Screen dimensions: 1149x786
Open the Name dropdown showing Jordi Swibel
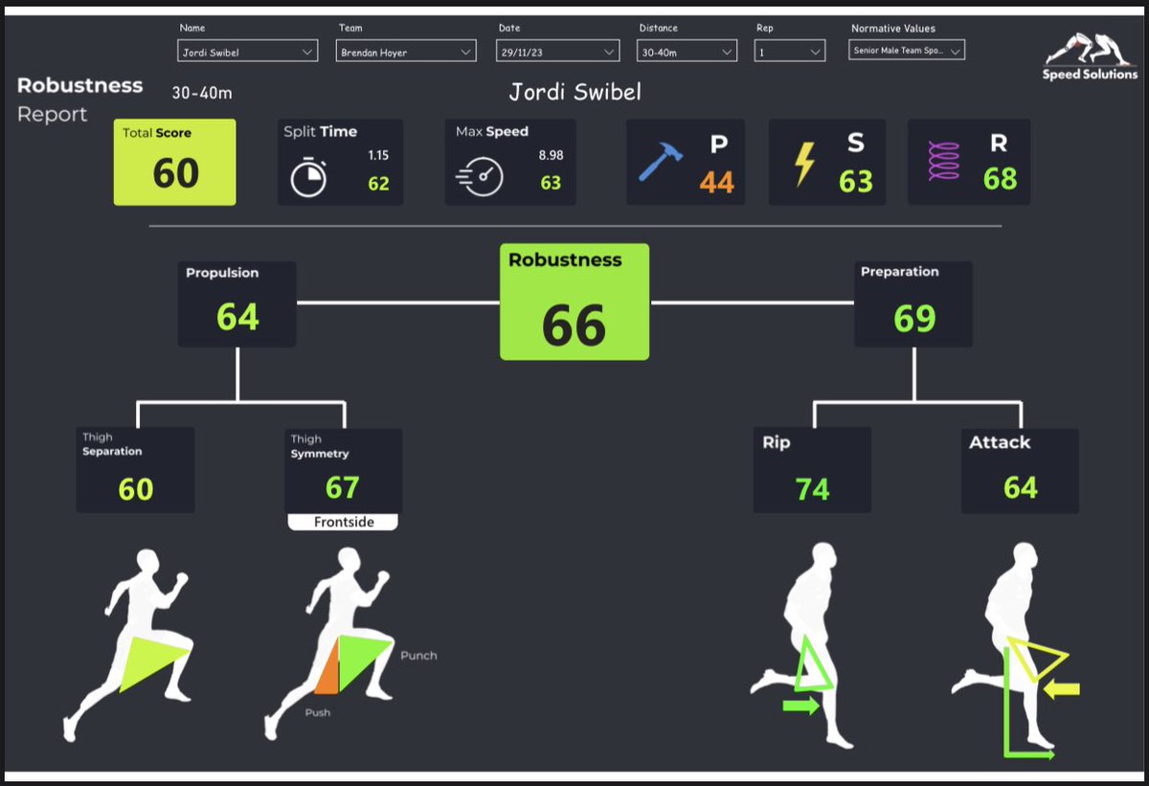tap(248, 53)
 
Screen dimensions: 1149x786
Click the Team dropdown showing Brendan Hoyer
tap(406, 53)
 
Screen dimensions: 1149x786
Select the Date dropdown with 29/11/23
tap(557, 53)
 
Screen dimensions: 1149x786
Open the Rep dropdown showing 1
tap(789, 53)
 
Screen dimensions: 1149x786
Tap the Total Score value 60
tap(176, 173)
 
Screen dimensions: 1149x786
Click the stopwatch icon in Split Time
tap(308, 178)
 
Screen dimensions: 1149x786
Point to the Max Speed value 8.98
tap(551, 155)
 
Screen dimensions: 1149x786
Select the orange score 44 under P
tap(716, 181)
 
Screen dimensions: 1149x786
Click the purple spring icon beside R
tap(943, 163)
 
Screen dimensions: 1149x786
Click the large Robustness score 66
tap(574, 325)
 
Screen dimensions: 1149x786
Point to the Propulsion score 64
tap(237, 317)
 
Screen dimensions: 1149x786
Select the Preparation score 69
tap(914, 318)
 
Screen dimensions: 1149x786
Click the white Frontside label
tap(344, 523)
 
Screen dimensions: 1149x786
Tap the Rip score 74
tap(812, 489)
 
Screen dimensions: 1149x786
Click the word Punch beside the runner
tap(418, 656)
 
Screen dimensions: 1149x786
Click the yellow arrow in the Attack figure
tap(1062, 688)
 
